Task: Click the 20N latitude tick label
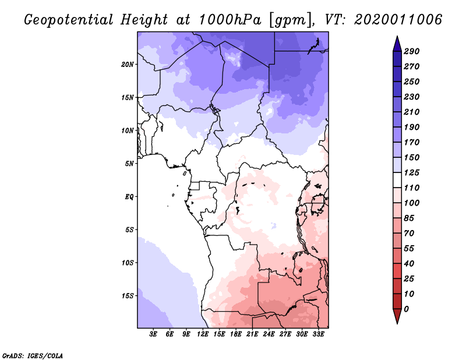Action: (x=128, y=64)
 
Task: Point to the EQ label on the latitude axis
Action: (x=129, y=197)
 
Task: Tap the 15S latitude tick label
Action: (x=128, y=296)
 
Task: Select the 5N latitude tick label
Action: (x=129, y=164)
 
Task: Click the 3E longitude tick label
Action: (x=154, y=334)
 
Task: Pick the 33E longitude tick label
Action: (x=319, y=334)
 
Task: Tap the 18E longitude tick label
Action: (x=236, y=334)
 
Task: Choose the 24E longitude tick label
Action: (x=269, y=334)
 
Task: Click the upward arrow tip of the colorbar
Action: (x=397, y=38)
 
